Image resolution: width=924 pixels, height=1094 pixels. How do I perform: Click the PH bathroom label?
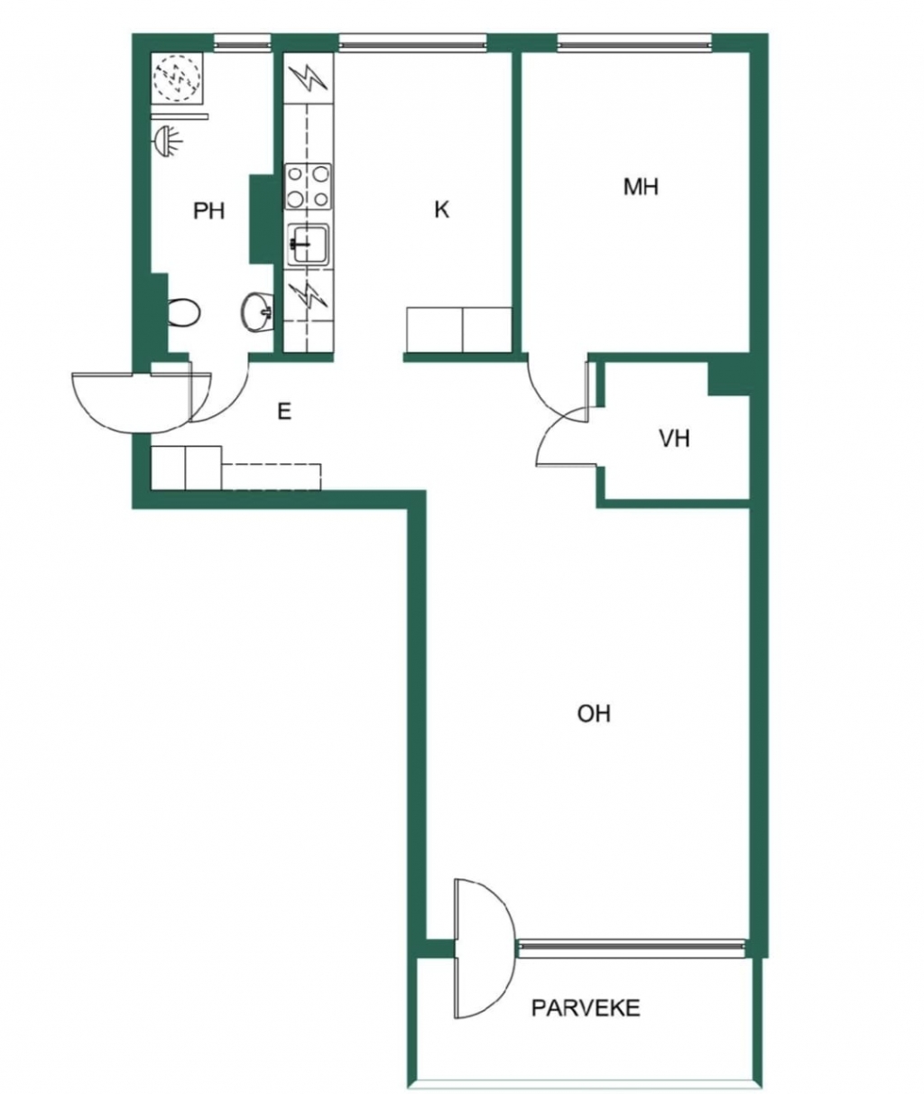(209, 211)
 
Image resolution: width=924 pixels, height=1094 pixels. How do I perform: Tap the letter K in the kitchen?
(441, 209)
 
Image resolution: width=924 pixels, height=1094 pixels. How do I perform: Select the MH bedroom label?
(641, 187)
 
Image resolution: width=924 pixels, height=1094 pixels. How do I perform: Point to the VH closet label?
(675, 439)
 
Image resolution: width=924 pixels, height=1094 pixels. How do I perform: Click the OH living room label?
(594, 714)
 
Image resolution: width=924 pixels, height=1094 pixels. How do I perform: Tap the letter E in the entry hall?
(284, 412)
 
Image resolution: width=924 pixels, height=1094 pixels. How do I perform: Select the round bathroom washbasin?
(256, 312)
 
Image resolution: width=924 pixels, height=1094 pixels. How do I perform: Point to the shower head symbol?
(168, 140)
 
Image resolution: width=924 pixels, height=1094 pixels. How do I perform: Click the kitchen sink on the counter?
(309, 243)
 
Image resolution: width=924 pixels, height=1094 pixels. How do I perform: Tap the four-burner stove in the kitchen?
(308, 186)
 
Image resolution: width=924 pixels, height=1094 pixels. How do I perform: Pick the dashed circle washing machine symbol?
(177, 77)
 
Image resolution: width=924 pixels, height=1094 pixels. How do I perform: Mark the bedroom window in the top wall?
(635, 43)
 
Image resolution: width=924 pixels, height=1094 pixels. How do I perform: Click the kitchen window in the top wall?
(412, 43)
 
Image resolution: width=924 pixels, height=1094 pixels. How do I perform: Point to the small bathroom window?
(243, 43)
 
